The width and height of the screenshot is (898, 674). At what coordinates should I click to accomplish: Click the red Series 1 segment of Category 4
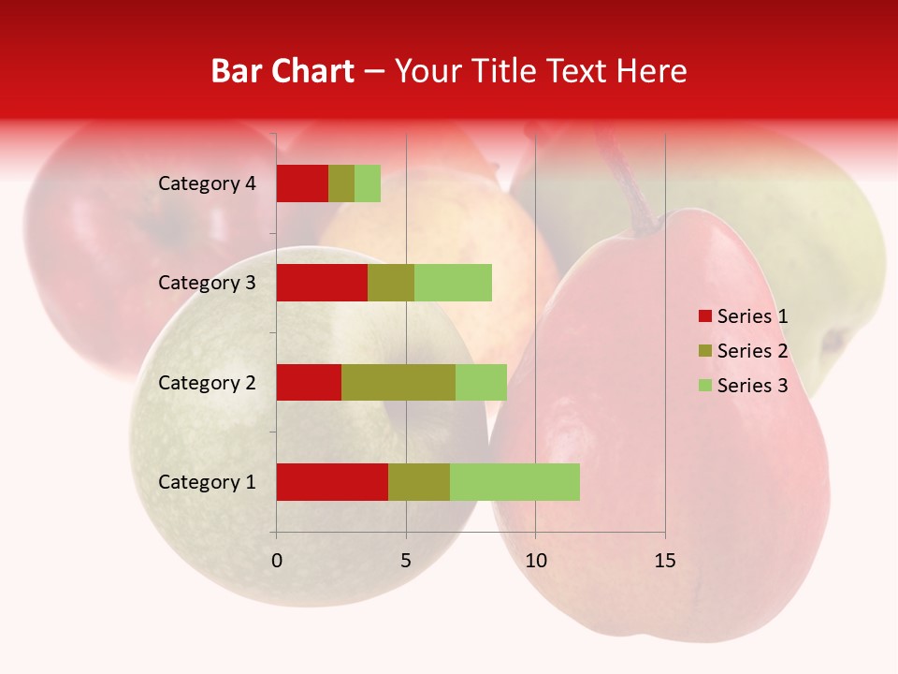coord(302,183)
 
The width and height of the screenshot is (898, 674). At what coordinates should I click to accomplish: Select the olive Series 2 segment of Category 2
coord(398,382)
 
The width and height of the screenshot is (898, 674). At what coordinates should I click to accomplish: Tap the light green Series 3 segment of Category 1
coord(514,482)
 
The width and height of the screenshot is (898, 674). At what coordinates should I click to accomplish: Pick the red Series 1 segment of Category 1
coord(332,482)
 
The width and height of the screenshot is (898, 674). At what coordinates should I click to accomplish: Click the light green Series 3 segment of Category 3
coord(453,283)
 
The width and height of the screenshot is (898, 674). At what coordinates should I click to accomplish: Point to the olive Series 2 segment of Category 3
coord(391,283)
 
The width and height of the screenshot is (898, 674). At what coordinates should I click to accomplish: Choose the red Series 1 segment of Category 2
coord(309,382)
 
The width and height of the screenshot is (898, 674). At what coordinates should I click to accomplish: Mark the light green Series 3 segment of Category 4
coord(368,183)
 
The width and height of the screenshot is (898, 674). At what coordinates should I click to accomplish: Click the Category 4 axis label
coord(207,183)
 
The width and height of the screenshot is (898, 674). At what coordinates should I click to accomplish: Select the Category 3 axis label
coord(207,283)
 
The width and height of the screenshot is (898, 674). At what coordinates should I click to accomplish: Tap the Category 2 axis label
coord(207,383)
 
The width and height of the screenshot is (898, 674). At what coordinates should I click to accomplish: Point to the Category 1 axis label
coord(207,482)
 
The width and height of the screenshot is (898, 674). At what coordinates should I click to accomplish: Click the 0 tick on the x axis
coord(277,561)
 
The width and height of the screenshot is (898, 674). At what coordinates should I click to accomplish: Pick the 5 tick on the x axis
coord(406,561)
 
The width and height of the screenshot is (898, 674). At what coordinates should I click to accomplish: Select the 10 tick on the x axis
coord(535,561)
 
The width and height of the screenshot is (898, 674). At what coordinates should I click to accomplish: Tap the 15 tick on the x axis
coord(665,561)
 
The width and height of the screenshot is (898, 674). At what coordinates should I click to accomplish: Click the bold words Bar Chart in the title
coord(282,71)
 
